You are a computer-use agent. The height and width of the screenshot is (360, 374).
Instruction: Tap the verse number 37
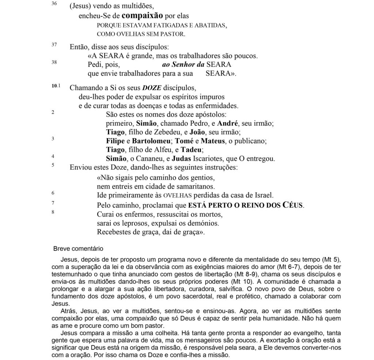tap(54, 45)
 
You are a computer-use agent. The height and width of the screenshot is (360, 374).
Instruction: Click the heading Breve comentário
tap(78, 249)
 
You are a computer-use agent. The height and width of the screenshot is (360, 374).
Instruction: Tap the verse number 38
tap(54, 62)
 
